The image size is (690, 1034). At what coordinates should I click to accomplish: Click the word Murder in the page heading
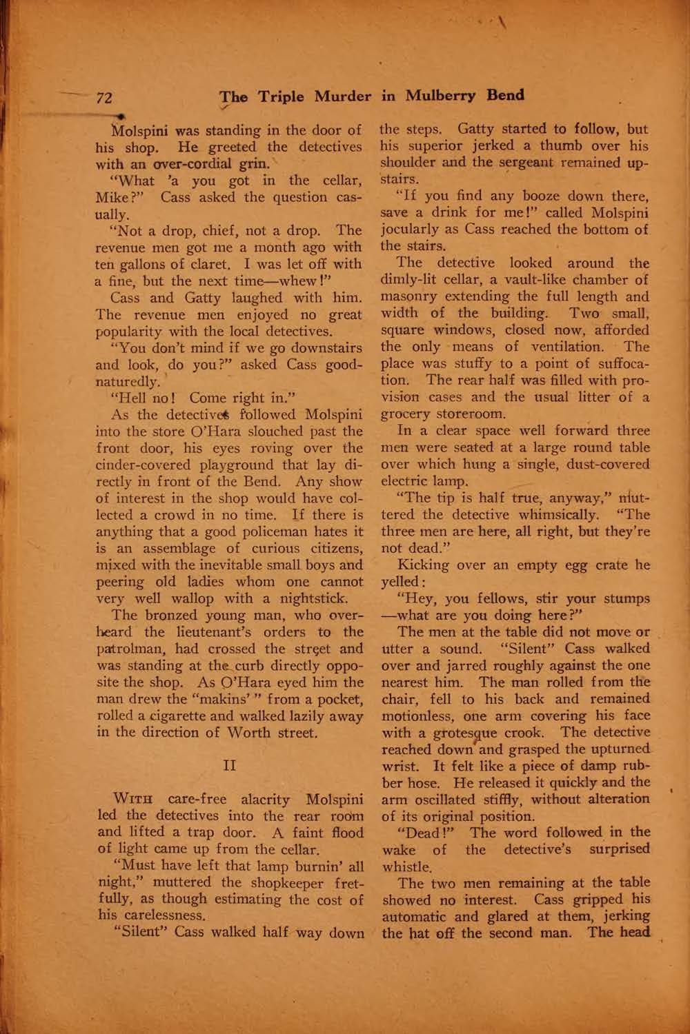[343, 96]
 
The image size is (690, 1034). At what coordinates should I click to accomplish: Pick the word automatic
[415, 917]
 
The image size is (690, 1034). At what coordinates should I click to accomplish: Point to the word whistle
[406, 866]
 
